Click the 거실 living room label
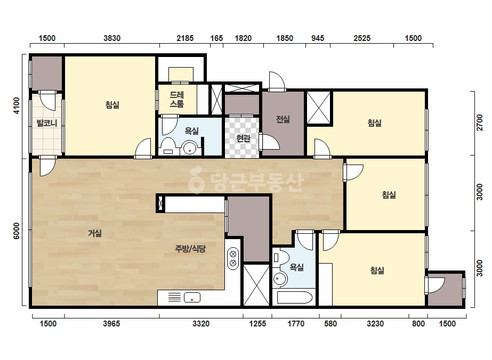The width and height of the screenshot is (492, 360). (95, 233)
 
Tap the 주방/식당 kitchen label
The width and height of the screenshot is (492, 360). (190, 249)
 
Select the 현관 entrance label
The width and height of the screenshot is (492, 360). (243, 138)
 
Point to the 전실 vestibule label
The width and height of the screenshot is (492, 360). (283, 119)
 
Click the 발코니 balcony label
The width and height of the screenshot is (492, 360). (47, 123)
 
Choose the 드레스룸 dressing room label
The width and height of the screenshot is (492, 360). (176, 100)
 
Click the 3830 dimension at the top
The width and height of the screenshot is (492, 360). (112, 38)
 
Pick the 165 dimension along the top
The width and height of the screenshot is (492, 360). (216, 38)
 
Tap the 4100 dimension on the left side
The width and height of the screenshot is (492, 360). (17, 105)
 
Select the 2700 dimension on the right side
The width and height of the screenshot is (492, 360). (479, 122)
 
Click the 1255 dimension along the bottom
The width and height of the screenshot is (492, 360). (257, 324)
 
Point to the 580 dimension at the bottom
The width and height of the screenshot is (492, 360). (330, 324)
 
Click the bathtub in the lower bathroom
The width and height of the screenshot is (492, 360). (295, 297)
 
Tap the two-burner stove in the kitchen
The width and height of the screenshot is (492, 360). (233, 258)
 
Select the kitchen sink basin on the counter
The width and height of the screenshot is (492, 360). (192, 297)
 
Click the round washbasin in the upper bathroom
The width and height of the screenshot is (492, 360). (190, 149)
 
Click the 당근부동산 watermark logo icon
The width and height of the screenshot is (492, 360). (197, 179)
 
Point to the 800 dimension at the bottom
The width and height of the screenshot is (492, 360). (418, 324)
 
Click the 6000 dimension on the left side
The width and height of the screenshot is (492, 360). (17, 231)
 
